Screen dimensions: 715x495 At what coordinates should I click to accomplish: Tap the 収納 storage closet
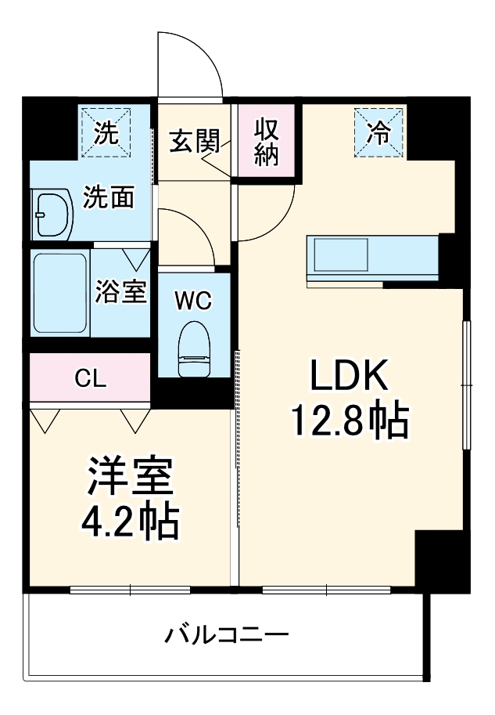coord(267,141)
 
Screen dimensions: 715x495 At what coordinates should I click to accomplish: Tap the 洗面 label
coord(109,197)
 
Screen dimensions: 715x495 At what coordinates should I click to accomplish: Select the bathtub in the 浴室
coord(60,292)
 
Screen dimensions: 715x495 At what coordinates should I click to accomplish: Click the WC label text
coord(193,302)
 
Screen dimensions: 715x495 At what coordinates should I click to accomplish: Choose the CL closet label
coord(91,378)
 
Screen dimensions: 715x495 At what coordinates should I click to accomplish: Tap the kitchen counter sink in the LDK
coord(341,254)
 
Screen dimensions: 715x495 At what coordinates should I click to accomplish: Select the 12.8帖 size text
coord(350,423)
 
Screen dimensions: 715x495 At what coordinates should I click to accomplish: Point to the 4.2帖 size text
coord(131,523)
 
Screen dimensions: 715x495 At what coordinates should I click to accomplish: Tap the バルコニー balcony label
coord(227,633)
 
